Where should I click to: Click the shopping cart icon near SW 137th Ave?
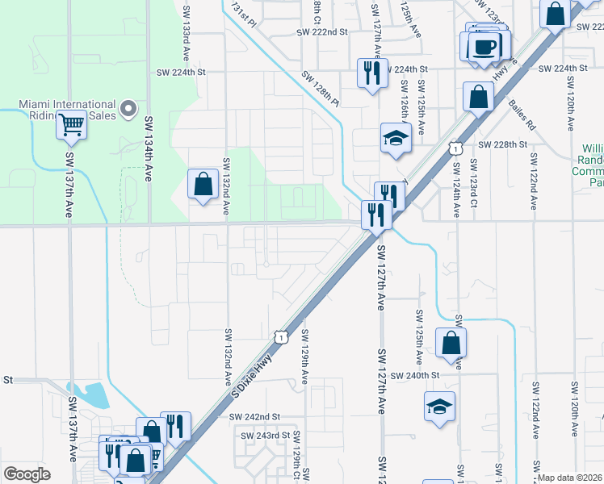coord(72,125)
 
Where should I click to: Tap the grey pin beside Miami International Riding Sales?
coord(127,109)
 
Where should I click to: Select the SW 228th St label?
coord(502,144)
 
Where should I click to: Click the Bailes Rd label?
coord(522,115)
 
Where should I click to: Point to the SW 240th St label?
coord(413,375)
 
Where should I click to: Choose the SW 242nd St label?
coord(254,416)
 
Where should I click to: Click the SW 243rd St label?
coord(266,435)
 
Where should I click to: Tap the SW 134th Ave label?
coord(149,149)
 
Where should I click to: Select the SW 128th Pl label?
coord(321,90)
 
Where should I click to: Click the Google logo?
coord(27,474)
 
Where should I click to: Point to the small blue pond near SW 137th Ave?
coord(94,394)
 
